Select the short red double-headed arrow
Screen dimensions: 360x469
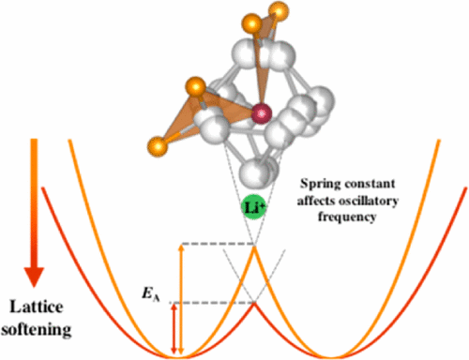(x=172, y=329)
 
